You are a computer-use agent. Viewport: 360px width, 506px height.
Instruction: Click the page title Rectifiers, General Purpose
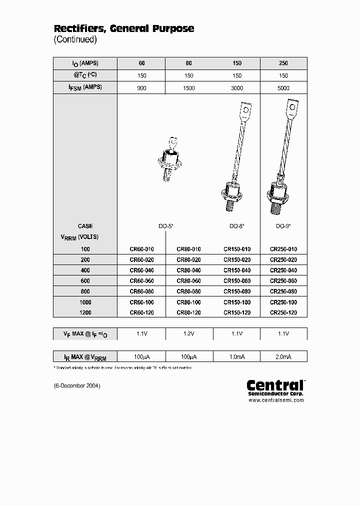pyautogui.click(x=123, y=29)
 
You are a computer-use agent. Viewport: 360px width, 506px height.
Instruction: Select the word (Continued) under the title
pyautogui.click(x=75, y=39)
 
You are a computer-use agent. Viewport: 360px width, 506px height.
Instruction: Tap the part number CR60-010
pyautogui.click(x=141, y=249)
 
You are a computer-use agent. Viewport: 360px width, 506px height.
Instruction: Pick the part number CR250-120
pyautogui.click(x=283, y=312)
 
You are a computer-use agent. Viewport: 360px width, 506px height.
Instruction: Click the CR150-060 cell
pyautogui.click(x=237, y=281)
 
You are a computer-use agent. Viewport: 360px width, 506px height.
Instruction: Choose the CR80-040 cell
pyautogui.click(x=189, y=270)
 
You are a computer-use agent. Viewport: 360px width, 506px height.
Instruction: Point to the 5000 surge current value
pyautogui.click(x=283, y=88)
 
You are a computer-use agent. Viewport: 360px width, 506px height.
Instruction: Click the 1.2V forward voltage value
pyautogui.click(x=189, y=333)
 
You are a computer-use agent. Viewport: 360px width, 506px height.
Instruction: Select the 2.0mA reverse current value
pyautogui.click(x=283, y=356)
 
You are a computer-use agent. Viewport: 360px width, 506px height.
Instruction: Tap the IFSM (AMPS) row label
pyautogui.click(x=85, y=88)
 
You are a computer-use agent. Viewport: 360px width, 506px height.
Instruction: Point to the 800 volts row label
pyautogui.click(x=85, y=291)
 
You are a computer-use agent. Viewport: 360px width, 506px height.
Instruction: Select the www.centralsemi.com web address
pyautogui.click(x=276, y=400)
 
